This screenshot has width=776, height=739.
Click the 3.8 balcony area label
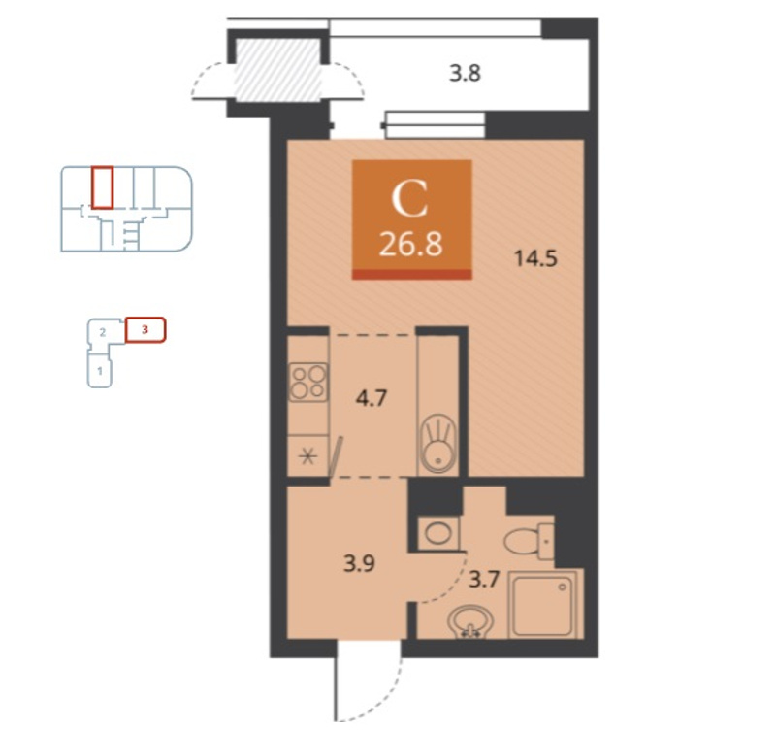[465, 73]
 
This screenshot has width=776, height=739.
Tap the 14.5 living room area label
[536, 258]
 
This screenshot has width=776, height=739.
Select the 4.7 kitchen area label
[372, 398]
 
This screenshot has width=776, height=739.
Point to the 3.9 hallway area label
[359, 563]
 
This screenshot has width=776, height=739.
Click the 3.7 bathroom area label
[483, 579]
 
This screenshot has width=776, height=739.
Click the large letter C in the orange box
[409, 199]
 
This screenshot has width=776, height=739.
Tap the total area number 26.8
[410, 245]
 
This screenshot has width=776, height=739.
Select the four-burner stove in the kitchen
[308, 382]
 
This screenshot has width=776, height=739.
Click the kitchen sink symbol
[438, 442]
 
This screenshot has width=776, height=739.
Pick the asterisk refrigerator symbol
[307, 455]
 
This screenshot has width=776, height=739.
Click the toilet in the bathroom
[529, 542]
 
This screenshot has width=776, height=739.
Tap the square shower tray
[545, 604]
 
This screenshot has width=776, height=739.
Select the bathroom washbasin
[470, 621]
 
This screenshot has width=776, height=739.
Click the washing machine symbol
[438, 533]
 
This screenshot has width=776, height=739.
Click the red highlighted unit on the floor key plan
[103, 187]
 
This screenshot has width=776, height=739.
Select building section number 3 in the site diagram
[145, 330]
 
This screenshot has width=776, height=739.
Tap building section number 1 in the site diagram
[100, 371]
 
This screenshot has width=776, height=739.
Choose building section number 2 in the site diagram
[103, 332]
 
